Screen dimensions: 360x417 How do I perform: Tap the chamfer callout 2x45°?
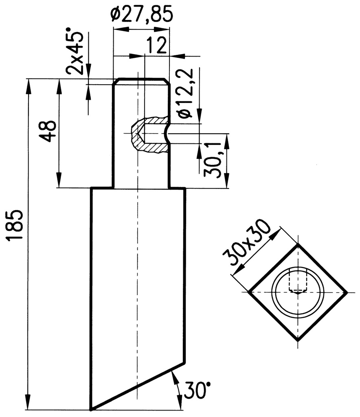coord(75,51)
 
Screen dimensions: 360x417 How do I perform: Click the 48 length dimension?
coord(47,132)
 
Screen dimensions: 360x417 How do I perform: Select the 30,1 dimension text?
coord(213,160)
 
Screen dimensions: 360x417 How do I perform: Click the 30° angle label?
coord(196,391)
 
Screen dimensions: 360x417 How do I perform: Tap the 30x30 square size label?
coord(246,242)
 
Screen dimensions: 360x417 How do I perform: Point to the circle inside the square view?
coord(298,292)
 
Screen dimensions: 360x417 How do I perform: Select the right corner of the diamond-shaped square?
coord(347,292)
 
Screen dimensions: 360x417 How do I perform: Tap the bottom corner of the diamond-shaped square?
coord(298,341)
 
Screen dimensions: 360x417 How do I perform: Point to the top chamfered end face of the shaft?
coord(141,79)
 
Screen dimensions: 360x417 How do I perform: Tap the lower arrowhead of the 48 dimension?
coord(59,180)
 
